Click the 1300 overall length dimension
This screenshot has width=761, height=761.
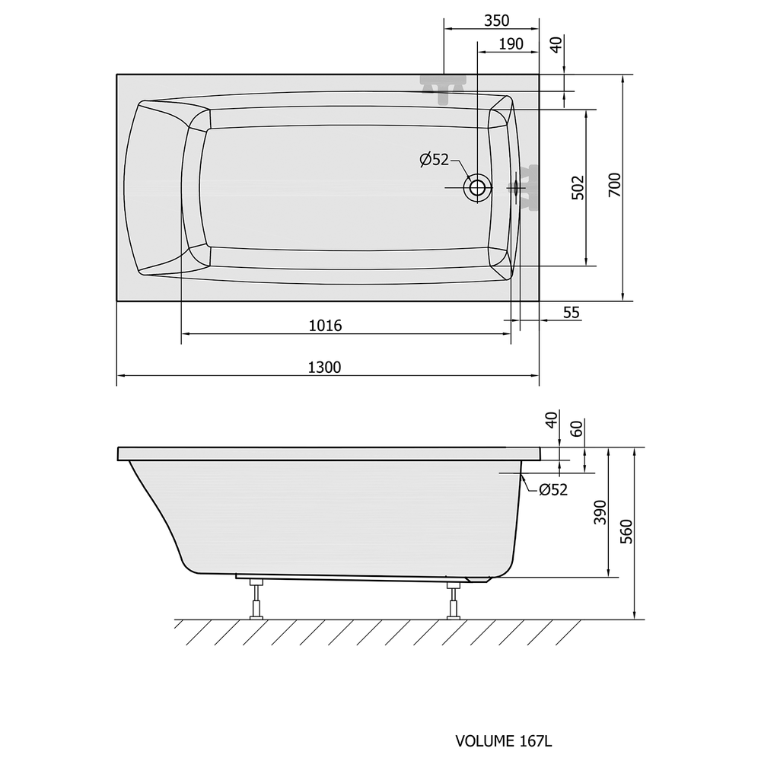(x=325, y=367)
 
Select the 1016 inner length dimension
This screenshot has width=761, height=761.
(x=325, y=325)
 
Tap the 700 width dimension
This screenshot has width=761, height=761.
(x=614, y=184)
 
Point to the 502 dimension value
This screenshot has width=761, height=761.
(x=578, y=187)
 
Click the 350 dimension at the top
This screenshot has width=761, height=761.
(x=496, y=21)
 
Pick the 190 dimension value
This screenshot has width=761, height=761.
(x=511, y=43)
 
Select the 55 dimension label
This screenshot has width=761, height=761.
(x=572, y=312)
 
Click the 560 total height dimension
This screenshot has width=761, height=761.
(x=626, y=531)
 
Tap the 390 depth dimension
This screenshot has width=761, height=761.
(x=600, y=511)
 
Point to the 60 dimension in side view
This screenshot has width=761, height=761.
(x=576, y=428)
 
